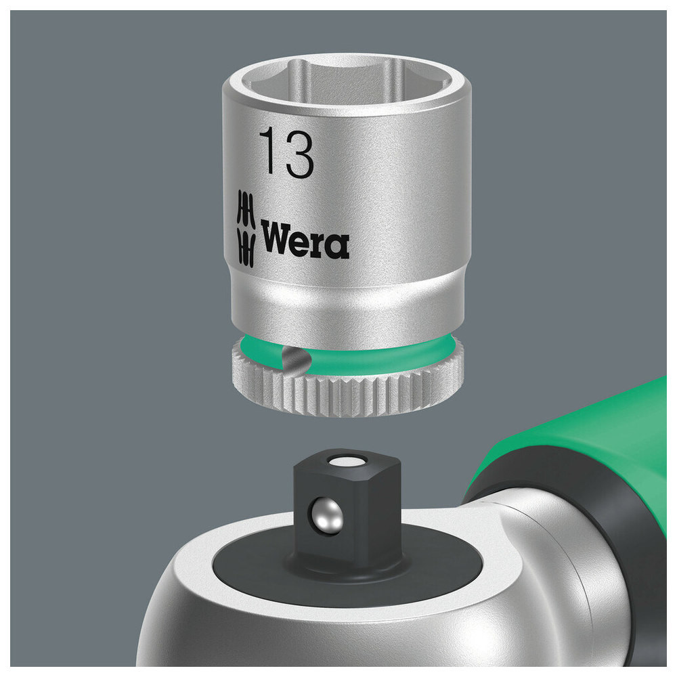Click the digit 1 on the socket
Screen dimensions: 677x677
point(267,150)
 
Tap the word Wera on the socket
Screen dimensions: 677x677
point(305,238)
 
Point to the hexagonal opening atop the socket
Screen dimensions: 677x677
point(345,82)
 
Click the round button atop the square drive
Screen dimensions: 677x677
point(347,461)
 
